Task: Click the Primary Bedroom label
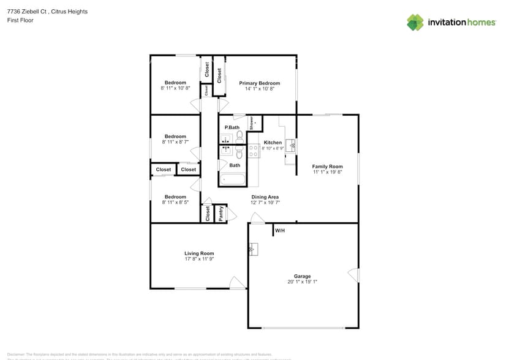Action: [x=259, y=83]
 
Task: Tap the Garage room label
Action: [x=302, y=276]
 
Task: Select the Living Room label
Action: [x=199, y=253]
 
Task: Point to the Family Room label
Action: [x=327, y=167]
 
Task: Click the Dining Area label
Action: [x=265, y=197]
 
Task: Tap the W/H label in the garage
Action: [x=279, y=231]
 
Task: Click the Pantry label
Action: [x=221, y=213]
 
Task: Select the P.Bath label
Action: [x=232, y=127]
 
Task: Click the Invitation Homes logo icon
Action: [x=415, y=23]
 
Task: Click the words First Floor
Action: [x=20, y=20]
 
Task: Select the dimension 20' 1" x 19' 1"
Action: [x=302, y=282]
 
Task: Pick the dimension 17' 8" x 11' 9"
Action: [x=199, y=260]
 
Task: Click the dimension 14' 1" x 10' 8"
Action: [x=259, y=89]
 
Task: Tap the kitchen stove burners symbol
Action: [x=254, y=151]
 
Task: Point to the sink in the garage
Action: [x=254, y=249]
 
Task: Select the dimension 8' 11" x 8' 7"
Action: [x=175, y=142]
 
